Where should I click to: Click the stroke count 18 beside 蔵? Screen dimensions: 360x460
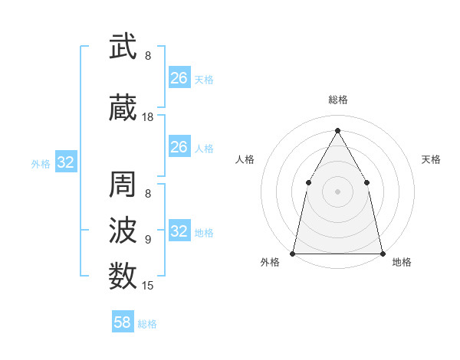click(x=148, y=117)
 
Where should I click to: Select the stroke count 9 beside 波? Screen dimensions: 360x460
click(x=148, y=239)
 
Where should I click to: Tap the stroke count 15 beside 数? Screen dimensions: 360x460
click(x=148, y=286)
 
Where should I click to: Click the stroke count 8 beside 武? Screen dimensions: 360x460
click(x=148, y=56)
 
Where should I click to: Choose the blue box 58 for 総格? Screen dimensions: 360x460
click(x=123, y=322)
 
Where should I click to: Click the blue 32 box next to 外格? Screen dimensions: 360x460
click(x=65, y=162)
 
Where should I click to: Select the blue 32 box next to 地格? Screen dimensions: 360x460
click(x=179, y=231)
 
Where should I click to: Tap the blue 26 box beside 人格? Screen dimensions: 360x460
click(x=179, y=147)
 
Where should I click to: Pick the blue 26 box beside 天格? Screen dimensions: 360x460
click(x=179, y=78)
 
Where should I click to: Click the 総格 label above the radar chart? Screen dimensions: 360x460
click(x=337, y=100)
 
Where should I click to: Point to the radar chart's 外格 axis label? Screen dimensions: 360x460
click(x=270, y=263)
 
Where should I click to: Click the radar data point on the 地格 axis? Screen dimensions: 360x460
click(x=382, y=253)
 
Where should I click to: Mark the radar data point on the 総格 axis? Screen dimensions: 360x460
click(x=337, y=129)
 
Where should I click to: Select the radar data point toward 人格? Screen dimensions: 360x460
click(x=308, y=182)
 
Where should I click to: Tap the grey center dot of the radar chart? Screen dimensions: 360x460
click(x=337, y=191)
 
